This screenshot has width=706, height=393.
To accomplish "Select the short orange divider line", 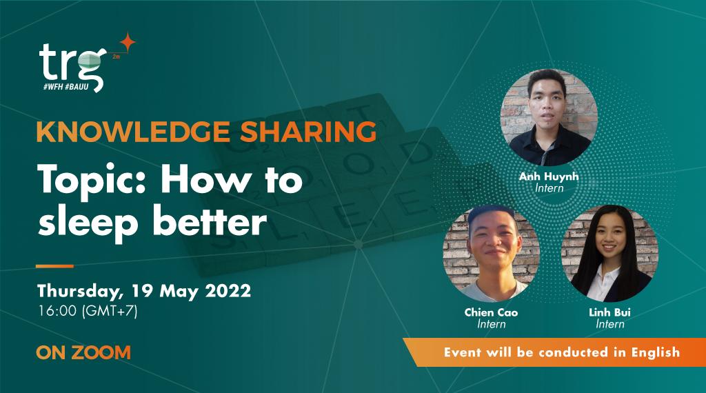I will click(54, 265).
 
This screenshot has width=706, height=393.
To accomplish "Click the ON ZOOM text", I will click(83, 353).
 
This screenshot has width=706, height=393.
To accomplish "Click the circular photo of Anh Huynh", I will click(549, 115).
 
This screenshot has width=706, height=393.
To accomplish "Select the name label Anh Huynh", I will click(549, 177).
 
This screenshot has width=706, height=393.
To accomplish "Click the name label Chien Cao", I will click(491, 312).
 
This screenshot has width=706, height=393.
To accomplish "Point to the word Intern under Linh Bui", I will click(610, 324).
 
